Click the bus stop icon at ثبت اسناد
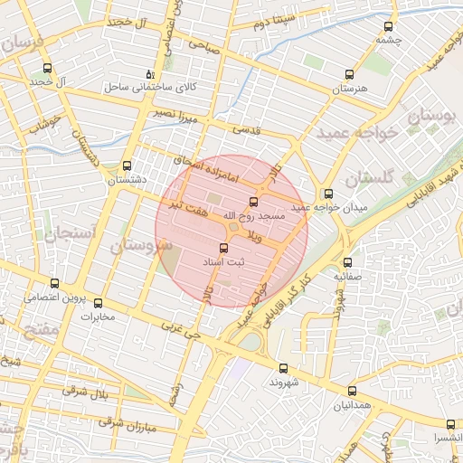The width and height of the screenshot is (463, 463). [x=223, y=247]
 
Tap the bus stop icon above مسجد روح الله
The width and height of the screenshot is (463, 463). [x=252, y=202]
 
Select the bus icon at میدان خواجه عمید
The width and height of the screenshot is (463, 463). [x=328, y=194]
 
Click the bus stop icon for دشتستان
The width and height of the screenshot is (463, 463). [x=126, y=166]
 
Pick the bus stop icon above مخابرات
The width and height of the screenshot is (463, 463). [x=99, y=304]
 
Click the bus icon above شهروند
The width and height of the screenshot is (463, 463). [x=283, y=368]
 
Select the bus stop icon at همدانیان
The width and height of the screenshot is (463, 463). [x=352, y=391]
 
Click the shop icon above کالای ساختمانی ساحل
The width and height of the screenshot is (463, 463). [x=150, y=74]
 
